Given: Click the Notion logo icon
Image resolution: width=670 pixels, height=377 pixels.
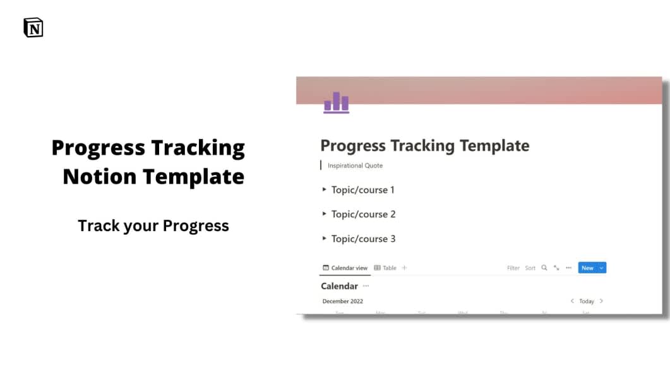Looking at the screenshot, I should pos(33,28).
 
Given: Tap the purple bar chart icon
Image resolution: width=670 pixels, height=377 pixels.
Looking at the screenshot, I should pos(336,102).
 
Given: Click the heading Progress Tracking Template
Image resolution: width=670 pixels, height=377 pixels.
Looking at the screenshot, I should pos(424,146).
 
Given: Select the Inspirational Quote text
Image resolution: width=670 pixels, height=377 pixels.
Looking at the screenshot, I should pos(355,165).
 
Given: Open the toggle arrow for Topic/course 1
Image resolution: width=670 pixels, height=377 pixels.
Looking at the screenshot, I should pos(325,189).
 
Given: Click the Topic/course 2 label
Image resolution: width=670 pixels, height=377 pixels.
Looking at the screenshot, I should pos(363,214).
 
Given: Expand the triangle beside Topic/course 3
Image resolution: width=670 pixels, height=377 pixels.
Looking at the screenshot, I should pos(325,239).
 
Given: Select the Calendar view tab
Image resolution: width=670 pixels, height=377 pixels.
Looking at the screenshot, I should pos(345,268).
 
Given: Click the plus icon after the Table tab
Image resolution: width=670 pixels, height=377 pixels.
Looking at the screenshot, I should pos(405,268).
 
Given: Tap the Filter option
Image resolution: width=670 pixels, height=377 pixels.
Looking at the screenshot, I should pos(513,268).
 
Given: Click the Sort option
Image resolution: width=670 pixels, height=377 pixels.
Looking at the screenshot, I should pos(530,268).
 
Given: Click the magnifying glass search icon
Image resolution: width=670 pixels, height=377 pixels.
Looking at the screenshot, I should pos(544,268).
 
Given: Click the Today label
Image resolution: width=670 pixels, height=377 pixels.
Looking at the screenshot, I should pos(587,301).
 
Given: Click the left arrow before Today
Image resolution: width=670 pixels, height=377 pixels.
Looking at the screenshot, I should pos(572,301).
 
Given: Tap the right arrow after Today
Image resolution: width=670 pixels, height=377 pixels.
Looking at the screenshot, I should pos(601,301).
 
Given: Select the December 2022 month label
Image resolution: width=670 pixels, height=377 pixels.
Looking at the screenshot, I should pos(343,301).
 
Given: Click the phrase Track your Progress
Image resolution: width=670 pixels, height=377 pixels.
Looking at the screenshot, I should pos(153,225).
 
